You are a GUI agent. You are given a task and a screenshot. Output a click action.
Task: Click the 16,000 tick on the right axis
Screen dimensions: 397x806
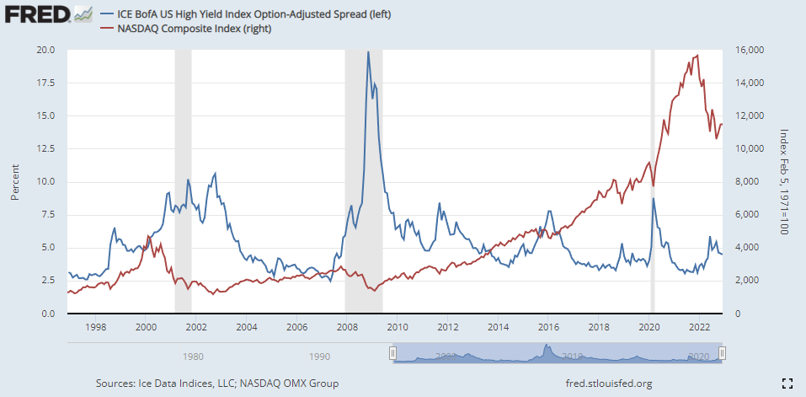tap(749, 50)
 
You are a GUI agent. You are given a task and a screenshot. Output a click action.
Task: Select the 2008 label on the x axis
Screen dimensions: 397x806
tap(346, 326)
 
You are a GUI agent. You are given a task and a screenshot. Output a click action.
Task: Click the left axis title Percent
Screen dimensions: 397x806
tap(14, 181)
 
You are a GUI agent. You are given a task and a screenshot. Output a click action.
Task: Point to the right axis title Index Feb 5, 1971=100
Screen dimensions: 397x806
tap(783, 181)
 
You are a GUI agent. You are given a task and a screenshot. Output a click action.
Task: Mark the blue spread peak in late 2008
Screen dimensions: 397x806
tap(368, 52)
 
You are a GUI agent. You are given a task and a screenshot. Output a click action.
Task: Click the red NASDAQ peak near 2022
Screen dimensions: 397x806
tap(697, 56)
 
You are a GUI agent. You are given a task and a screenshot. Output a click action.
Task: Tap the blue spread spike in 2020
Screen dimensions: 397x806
tap(654, 199)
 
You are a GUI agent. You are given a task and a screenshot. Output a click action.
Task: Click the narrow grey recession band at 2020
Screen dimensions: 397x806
tap(653, 126)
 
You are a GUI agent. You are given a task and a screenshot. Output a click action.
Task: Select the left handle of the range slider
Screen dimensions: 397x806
tap(392, 353)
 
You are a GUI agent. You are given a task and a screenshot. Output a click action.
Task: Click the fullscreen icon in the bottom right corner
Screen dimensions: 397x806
tap(787, 384)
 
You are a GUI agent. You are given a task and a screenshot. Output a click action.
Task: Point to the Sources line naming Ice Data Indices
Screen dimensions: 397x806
tap(217, 384)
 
